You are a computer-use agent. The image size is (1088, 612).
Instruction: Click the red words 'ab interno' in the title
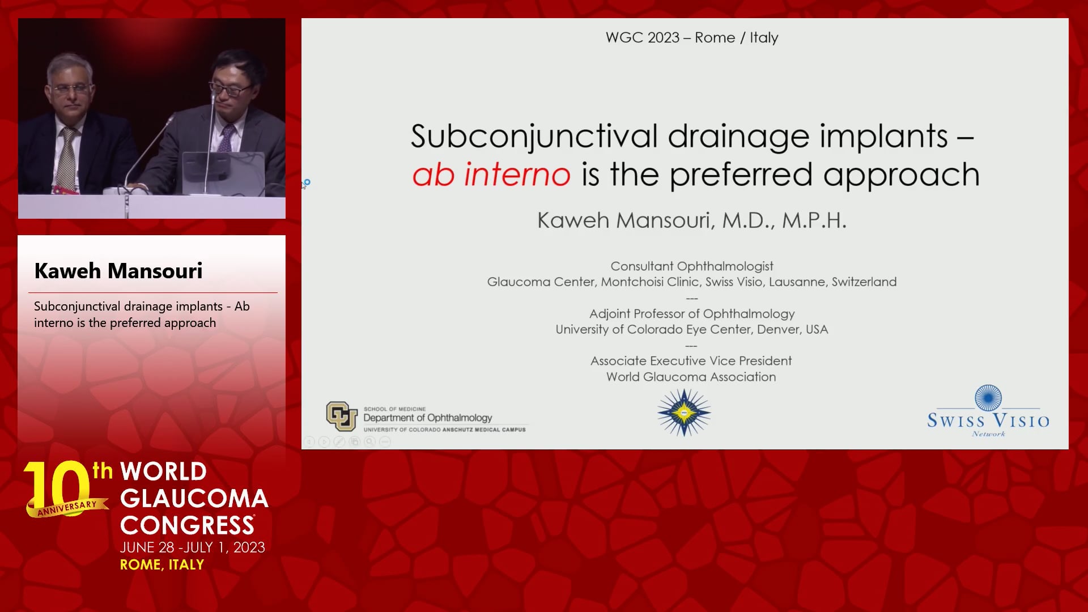(491, 174)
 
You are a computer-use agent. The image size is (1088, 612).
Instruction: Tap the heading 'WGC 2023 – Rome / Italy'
(692, 37)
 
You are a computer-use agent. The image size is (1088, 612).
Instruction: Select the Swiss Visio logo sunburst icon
(988, 398)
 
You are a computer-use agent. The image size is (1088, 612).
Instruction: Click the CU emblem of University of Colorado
(342, 416)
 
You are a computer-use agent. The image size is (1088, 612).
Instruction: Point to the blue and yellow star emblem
(684, 413)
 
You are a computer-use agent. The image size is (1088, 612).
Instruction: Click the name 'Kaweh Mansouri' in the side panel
(118, 271)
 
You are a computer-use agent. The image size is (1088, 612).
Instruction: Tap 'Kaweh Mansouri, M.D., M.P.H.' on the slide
(692, 220)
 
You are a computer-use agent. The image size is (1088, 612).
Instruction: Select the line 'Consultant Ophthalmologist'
(692, 266)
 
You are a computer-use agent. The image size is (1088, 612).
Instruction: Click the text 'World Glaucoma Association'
(691, 377)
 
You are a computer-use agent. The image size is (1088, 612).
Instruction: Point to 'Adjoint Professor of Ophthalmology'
(692, 314)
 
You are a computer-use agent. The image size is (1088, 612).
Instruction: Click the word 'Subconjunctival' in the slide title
(534, 137)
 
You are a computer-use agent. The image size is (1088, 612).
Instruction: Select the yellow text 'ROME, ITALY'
(162, 564)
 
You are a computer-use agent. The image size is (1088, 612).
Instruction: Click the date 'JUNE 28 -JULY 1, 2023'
(192, 547)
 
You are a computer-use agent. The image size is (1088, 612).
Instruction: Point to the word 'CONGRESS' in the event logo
(187, 526)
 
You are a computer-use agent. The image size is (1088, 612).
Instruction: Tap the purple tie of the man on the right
(227, 138)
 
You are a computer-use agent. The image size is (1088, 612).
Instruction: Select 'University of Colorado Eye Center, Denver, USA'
(692, 329)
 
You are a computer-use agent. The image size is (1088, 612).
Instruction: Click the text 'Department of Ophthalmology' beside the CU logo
(428, 418)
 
